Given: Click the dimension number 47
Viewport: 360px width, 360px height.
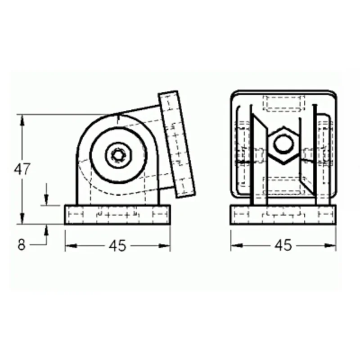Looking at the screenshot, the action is pyautogui.click(x=22, y=169).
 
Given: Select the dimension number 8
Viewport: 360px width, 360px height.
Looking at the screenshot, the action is pyautogui.click(x=21, y=245).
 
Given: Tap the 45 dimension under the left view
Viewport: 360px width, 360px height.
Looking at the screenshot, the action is pyautogui.click(x=117, y=246).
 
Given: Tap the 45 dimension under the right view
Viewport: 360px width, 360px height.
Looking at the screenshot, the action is pyautogui.click(x=283, y=245).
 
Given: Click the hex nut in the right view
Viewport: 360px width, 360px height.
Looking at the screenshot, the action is pyautogui.click(x=283, y=145).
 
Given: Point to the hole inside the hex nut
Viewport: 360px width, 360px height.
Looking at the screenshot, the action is pyautogui.click(x=284, y=144).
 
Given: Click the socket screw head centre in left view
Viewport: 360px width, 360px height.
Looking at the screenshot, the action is pyautogui.click(x=118, y=155).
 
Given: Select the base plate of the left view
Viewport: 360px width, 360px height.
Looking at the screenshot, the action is pyautogui.click(x=117, y=215).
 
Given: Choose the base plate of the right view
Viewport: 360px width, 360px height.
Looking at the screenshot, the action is pyautogui.click(x=283, y=215).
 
